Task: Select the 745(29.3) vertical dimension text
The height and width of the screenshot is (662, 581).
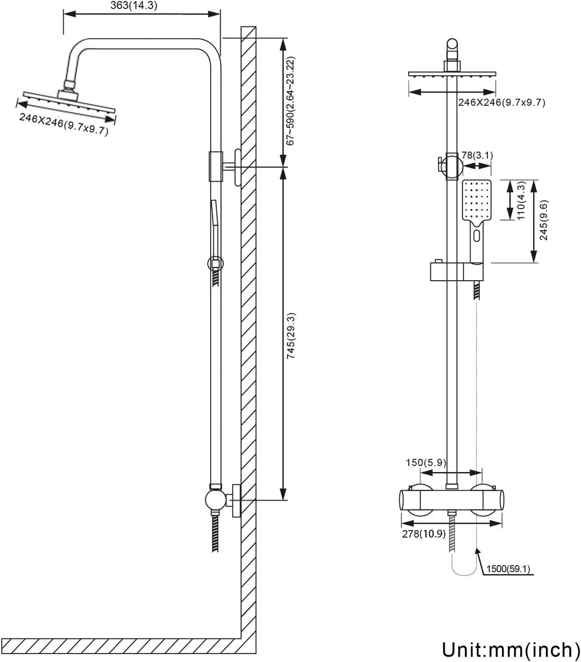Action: point(291,336)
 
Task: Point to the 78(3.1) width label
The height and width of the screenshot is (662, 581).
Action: point(477,155)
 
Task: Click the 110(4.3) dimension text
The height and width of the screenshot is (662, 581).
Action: point(521,200)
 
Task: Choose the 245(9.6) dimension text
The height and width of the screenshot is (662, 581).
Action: point(544,220)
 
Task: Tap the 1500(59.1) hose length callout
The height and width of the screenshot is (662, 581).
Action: point(511,568)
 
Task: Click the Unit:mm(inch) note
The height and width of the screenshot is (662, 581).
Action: point(507,650)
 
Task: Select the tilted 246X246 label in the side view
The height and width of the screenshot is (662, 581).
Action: point(63,124)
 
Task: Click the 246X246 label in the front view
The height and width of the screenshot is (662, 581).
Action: point(501,103)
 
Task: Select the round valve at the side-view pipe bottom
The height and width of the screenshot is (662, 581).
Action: point(215,500)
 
